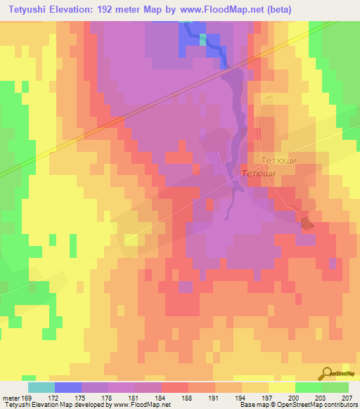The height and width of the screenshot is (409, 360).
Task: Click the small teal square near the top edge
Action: pyautogui.click(x=203, y=39)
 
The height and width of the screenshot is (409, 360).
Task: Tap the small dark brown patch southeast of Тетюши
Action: pyautogui.click(x=307, y=223)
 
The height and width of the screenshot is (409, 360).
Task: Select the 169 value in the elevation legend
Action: pyautogui.click(x=27, y=398)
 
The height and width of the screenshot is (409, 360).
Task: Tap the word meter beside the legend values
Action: pyautogui.click(x=10, y=398)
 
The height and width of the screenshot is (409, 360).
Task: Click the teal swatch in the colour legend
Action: pyautogui.click(x=41, y=387)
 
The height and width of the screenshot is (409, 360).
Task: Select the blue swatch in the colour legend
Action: pyautogui.click(x=67, y=387)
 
